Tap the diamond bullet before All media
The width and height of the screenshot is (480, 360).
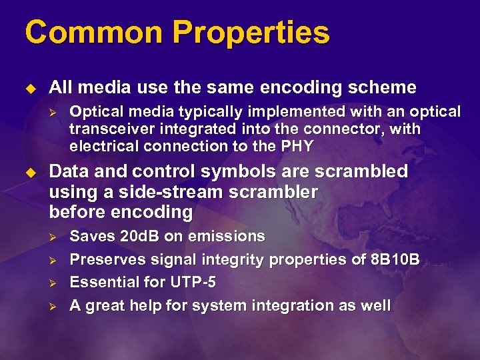(x=29, y=88)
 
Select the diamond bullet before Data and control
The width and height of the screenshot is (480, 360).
(x=29, y=172)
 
